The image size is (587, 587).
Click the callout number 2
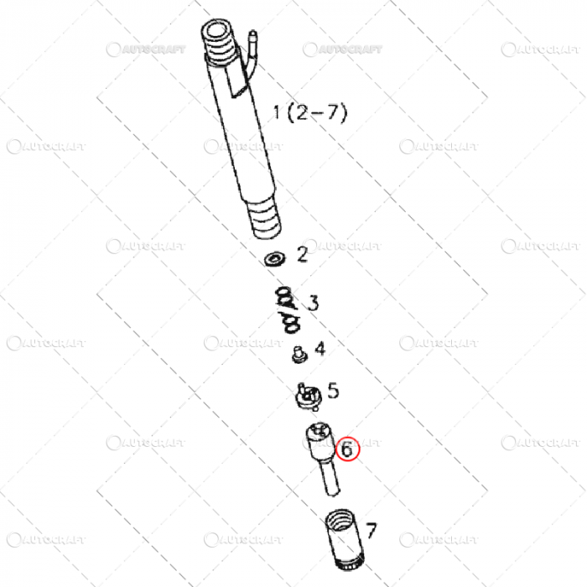[302, 253]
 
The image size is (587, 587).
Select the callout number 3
[312, 303]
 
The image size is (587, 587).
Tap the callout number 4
[319, 347]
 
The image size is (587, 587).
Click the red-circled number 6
[347, 449]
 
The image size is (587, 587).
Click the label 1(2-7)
[309, 112]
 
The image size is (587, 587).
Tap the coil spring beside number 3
[287, 307]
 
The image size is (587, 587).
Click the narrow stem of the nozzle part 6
[328, 478]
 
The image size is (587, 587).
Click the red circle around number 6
[347, 459]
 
